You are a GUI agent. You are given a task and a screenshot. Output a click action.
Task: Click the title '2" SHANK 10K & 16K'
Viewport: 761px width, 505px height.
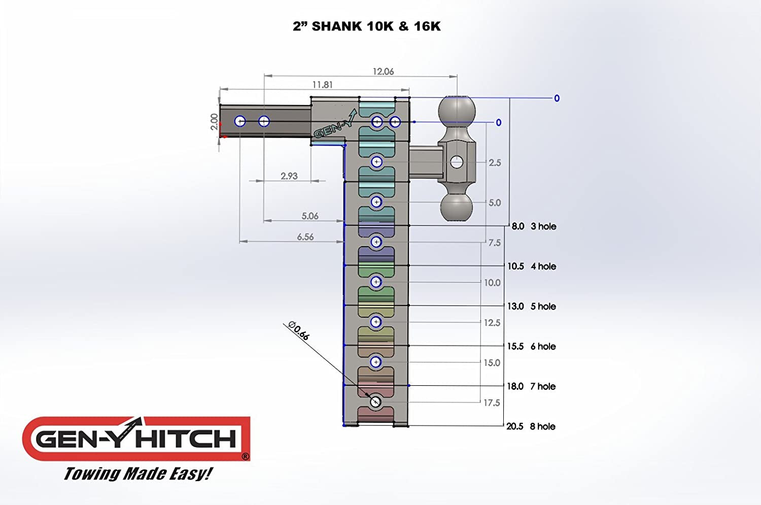click(366, 26)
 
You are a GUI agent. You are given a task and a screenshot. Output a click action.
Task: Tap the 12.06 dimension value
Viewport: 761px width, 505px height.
click(383, 72)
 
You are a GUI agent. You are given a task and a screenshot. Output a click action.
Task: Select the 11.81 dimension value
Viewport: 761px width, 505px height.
click(322, 85)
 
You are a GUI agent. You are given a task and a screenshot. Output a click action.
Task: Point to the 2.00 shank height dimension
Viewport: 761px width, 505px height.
click(214, 122)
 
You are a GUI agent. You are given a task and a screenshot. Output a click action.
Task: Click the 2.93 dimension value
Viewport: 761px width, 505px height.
click(289, 176)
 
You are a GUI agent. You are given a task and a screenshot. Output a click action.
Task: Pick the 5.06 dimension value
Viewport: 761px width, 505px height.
click(309, 216)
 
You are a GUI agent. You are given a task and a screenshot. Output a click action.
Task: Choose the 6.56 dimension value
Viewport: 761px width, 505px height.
click(305, 237)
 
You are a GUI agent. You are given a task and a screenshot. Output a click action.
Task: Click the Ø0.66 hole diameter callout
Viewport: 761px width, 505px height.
click(298, 330)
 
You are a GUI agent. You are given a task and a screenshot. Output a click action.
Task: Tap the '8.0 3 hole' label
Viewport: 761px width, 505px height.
click(533, 226)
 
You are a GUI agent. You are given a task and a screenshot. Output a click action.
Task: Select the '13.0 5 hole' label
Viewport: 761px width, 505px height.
click(531, 307)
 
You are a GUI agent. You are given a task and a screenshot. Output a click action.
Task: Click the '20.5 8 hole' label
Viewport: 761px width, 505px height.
click(530, 426)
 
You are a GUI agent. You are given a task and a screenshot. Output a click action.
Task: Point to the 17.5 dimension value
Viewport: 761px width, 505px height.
click(491, 403)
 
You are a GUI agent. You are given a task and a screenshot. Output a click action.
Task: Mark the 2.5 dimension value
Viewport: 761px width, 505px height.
click(494, 163)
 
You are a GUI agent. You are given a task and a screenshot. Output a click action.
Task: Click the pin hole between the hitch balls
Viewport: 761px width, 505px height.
click(457, 162)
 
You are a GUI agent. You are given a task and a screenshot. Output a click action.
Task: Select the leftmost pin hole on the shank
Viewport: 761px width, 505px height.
click(240, 121)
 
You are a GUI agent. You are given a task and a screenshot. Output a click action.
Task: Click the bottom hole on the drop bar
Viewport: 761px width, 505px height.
click(375, 402)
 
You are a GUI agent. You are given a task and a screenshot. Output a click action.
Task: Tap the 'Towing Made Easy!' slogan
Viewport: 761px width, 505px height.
click(137, 474)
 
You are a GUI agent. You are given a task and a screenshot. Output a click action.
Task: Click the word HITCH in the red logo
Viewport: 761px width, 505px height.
click(186, 439)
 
